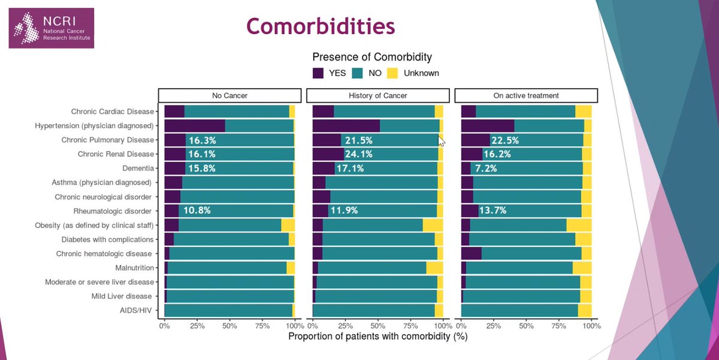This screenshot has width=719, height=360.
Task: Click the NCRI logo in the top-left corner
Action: pos(51,28)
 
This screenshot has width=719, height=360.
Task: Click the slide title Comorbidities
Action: pos(321,26)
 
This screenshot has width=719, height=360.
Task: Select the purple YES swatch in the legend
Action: pos(319,73)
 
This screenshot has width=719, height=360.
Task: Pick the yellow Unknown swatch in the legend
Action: pos(392,73)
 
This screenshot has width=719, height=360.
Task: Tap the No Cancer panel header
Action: pos(229,95)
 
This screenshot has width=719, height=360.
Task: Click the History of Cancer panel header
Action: pos(377,95)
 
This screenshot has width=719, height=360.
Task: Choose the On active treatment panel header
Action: pos(526,95)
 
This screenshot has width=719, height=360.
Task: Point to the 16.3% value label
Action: pos(202,140)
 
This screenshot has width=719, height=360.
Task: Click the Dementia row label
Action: pos(138,168)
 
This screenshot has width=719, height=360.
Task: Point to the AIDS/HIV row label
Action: pos(137,310)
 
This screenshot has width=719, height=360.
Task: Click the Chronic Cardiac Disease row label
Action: pos(113,111)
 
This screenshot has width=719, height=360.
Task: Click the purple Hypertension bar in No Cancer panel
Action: pos(194,126)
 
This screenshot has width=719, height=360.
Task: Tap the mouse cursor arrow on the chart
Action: pos(442,141)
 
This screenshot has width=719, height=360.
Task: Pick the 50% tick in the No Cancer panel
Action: pos(229,326)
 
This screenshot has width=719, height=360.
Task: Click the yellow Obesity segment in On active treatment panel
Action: pos(579,225)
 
